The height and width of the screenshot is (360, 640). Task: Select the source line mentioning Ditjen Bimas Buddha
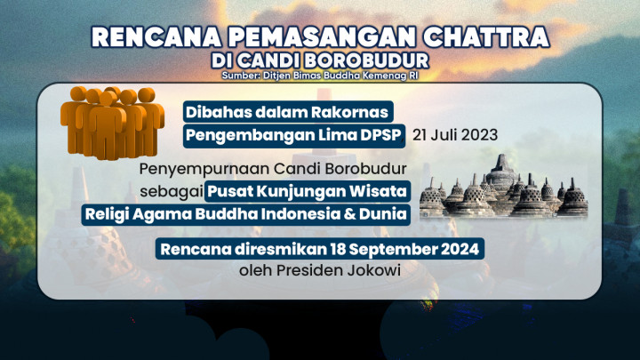(319, 76)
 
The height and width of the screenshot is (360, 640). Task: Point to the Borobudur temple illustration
(504, 188)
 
